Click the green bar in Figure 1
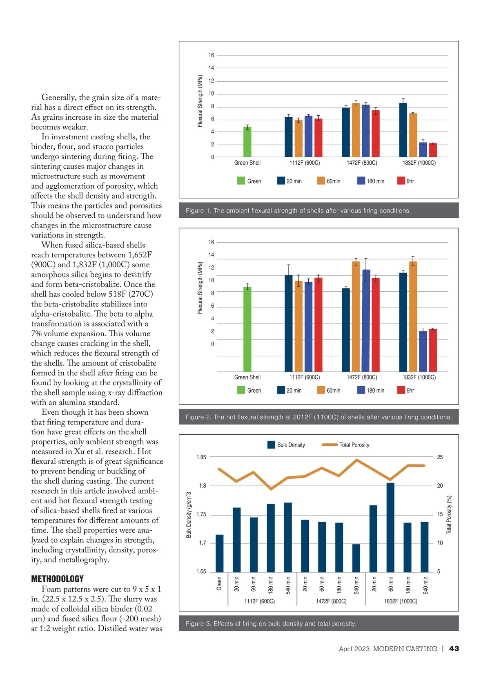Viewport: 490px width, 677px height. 247,142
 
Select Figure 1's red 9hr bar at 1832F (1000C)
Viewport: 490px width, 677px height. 433,150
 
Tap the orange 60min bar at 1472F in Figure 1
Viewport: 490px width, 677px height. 356,130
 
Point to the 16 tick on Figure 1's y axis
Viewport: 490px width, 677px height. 211,55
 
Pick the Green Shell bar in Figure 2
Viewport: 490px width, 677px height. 247,329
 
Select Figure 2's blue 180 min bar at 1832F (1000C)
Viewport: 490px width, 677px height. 423,351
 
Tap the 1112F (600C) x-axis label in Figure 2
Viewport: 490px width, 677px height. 305,377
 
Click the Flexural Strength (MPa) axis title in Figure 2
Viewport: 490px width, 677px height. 200,288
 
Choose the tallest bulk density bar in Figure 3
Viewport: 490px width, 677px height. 390,527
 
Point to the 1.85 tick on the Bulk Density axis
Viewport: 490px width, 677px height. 201,457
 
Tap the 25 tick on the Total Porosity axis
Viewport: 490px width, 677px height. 440,457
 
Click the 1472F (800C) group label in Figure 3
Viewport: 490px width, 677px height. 331,601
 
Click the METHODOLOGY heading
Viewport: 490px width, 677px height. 57,579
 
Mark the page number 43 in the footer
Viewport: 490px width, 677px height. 454,648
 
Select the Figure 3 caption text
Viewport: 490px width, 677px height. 271,623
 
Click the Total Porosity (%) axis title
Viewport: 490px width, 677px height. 449,515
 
